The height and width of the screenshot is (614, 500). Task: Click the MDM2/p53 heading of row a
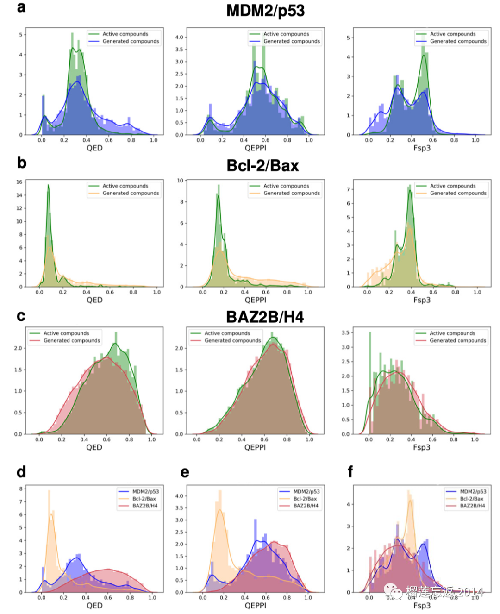[x=265, y=11]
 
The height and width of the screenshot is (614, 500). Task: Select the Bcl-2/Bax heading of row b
[x=262, y=166]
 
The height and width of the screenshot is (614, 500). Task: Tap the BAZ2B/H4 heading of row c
[x=265, y=317]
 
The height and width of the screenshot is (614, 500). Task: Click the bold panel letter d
[x=21, y=472]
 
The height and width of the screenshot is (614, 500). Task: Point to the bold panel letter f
[x=350, y=472]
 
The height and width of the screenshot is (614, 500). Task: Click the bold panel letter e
[x=185, y=472]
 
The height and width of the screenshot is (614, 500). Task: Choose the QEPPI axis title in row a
[x=256, y=148]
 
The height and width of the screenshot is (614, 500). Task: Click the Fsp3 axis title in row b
[x=422, y=300]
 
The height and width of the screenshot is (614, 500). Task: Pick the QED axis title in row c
[x=94, y=447]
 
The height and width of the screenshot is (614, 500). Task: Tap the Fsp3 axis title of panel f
[x=422, y=606]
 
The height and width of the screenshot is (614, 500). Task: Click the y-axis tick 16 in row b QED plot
[x=19, y=182]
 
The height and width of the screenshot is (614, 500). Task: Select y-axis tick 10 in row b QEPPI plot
[x=180, y=181]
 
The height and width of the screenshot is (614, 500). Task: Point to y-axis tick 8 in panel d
[x=21, y=489]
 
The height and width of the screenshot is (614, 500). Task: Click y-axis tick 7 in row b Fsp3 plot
[x=348, y=189]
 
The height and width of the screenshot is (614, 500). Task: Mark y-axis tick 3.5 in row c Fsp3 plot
[x=345, y=332]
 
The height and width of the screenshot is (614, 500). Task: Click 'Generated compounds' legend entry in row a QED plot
[x=131, y=41]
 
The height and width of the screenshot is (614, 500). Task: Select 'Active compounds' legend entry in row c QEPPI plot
[x=227, y=333]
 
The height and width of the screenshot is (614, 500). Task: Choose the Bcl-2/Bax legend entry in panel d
[x=144, y=499]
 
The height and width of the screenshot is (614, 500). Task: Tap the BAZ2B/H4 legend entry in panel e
[x=306, y=506]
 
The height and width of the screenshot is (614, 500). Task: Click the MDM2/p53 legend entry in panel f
[x=472, y=491]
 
